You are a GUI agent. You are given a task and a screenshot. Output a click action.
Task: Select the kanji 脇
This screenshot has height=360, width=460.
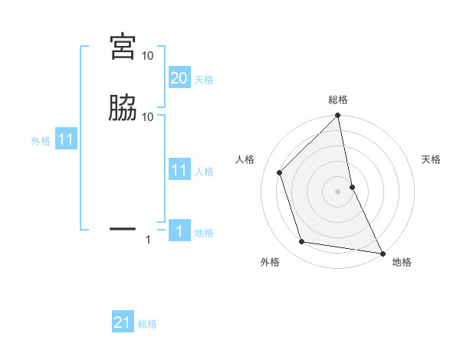[123, 108]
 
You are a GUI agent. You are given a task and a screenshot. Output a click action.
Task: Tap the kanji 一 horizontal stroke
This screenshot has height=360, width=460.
[123, 228]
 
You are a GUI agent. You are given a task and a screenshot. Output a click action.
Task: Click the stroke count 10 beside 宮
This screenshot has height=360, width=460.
[147, 56]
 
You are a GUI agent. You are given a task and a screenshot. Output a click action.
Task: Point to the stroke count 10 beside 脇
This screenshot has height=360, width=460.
[147, 116]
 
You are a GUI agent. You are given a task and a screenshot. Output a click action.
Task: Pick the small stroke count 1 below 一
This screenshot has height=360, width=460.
[149, 241]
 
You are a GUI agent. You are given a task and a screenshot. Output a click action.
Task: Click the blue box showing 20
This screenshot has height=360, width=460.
[179, 78]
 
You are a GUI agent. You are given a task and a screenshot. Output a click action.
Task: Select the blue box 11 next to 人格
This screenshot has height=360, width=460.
[179, 170]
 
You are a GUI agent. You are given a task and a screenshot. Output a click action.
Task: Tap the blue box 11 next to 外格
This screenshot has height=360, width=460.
[66, 140]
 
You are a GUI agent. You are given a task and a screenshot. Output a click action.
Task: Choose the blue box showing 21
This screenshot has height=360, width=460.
[123, 322]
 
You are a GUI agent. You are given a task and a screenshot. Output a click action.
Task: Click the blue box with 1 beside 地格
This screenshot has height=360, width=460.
[179, 231]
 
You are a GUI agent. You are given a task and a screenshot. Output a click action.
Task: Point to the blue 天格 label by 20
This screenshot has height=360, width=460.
[204, 80]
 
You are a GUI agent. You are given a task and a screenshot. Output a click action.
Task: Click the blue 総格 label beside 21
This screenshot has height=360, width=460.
[147, 324]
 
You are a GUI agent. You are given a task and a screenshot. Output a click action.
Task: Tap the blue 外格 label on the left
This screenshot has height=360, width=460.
[41, 141]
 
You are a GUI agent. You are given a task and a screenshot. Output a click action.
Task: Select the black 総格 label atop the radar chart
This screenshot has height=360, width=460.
[338, 100]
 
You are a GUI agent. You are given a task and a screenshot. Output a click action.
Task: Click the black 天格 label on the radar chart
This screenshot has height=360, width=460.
[432, 159]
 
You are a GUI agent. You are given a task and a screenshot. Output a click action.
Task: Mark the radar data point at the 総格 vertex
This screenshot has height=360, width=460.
[338, 116]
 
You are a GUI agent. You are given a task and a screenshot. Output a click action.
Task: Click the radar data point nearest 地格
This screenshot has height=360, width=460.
[382, 253]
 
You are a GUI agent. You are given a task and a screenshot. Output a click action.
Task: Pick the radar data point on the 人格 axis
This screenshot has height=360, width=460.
[280, 172]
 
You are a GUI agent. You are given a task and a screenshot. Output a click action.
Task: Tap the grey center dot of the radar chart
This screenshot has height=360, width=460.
[338, 191]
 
